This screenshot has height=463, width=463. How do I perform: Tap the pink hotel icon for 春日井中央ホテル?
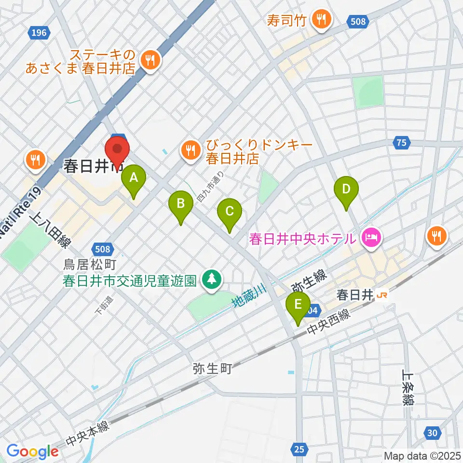click(372, 237)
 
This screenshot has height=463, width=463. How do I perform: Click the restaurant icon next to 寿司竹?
click(320, 19)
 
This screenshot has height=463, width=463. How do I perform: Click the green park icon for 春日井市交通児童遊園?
click(211, 280)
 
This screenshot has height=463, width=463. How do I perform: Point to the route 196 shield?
click(38, 33)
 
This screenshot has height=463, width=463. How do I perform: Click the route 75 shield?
click(401, 142)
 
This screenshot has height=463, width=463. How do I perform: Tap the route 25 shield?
click(299, 449)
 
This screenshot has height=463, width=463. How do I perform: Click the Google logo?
click(32, 451)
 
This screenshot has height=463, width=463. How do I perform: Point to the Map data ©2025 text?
click(422, 455)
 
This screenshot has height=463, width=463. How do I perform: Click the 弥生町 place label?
click(212, 369)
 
